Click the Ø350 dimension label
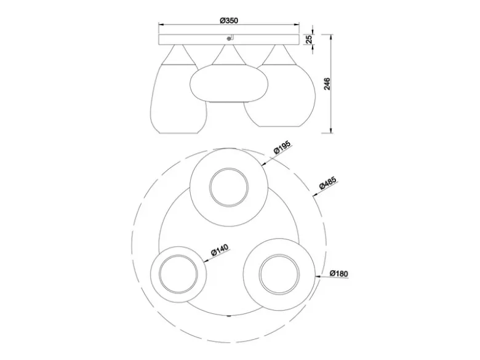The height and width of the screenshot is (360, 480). click(229, 20)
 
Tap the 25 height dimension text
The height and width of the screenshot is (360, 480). click(310, 39)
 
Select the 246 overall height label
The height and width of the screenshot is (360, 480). click(327, 84)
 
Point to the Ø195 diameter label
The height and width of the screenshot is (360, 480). click(282, 148)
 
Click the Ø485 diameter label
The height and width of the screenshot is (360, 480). click(328, 183)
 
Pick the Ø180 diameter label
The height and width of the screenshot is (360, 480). click(339, 273)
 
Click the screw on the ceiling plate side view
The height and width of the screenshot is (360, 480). click(228, 38)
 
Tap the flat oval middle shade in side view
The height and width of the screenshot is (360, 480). click(229, 82)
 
